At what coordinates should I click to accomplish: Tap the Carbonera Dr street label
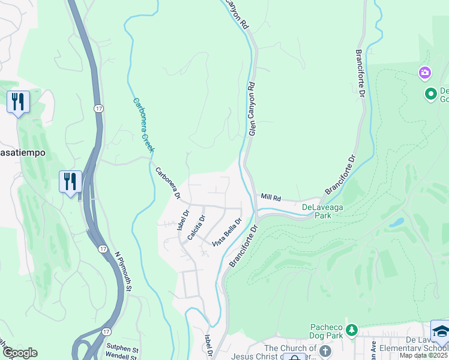pos(168,182)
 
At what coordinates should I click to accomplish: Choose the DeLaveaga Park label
pos(316,211)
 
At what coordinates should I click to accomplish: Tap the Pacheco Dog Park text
pos(327,331)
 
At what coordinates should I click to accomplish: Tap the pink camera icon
pos(425,73)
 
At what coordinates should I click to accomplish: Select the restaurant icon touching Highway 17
pos(70,181)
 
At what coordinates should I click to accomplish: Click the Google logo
pos(20,353)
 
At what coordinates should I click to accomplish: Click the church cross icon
pos(325,350)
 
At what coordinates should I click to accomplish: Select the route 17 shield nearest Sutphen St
pos(106,331)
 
